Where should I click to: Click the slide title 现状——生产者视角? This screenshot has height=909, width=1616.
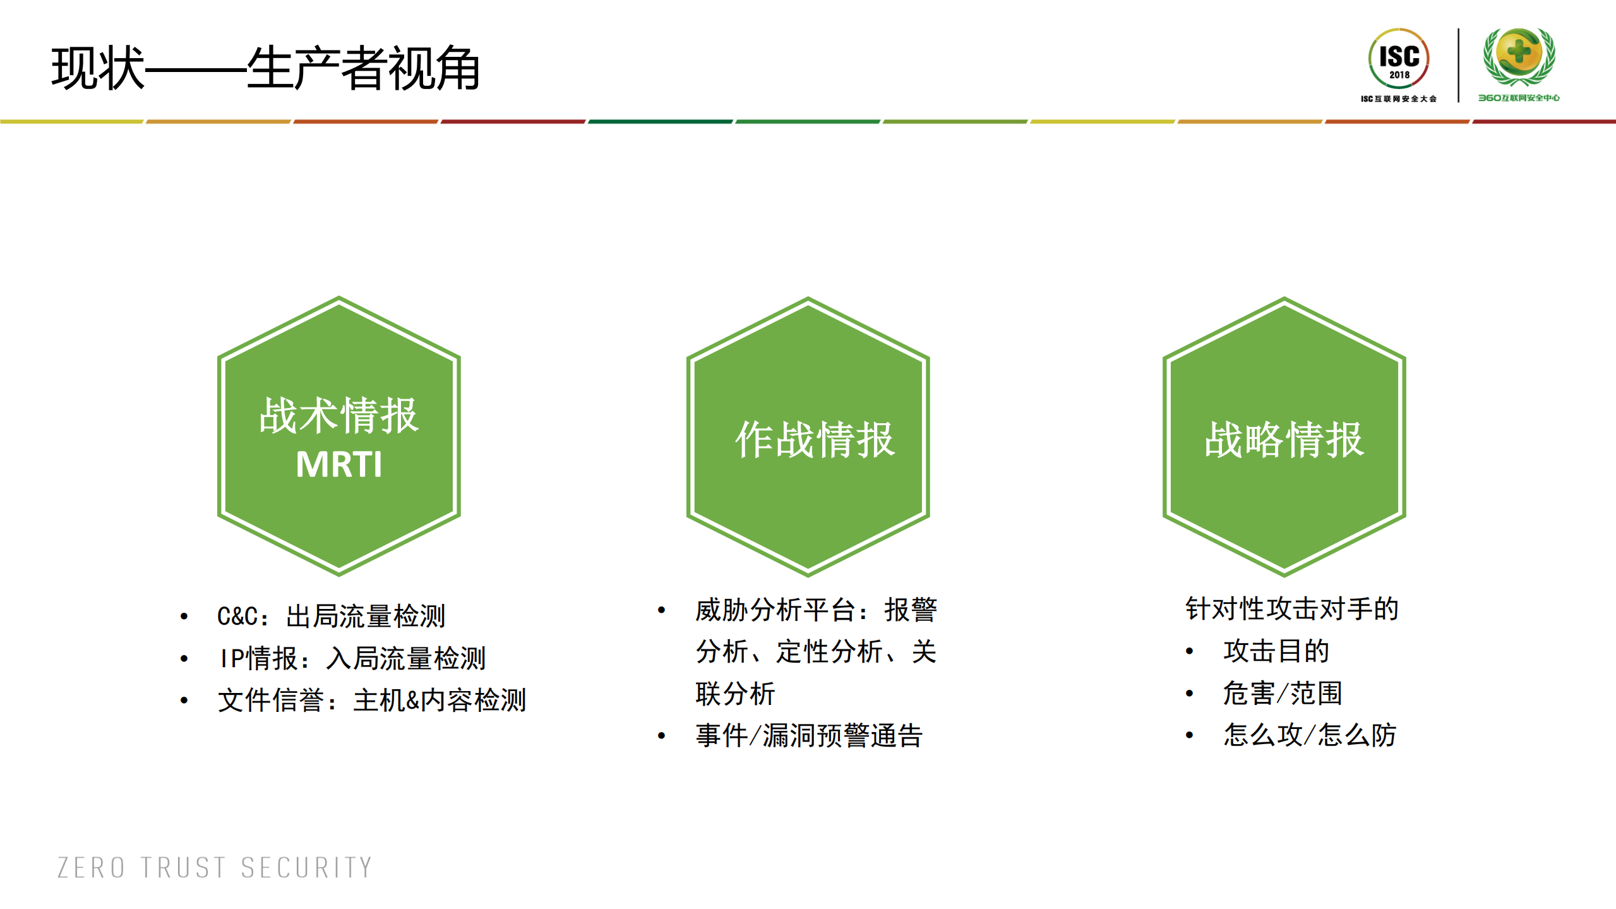coord(265,68)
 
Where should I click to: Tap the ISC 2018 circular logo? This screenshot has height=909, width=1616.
coord(1399,59)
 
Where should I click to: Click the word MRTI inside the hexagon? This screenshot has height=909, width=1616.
coord(339,465)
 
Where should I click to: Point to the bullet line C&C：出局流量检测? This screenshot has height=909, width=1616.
coord(331,616)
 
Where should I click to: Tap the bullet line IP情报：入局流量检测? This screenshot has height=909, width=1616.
coord(352,658)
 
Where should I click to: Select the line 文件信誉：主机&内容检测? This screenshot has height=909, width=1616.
coord(372,700)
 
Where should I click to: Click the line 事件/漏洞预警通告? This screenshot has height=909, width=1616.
coord(809,735)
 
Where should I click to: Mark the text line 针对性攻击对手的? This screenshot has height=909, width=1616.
coord(1291,609)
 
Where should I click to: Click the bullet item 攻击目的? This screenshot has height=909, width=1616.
coord(1276,651)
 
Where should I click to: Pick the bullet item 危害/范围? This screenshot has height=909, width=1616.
coord(1283,693)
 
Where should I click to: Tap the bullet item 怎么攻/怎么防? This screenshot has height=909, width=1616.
coord(1310,735)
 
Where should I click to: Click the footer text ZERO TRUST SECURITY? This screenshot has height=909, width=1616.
coord(215,868)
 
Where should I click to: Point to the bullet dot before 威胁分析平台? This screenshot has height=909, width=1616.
coord(661,610)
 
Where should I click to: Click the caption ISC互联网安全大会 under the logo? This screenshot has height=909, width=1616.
coord(1398,99)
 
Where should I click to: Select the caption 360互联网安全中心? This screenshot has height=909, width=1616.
coord(1519,98)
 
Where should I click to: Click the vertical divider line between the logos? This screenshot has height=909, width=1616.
coord(1458,64)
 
